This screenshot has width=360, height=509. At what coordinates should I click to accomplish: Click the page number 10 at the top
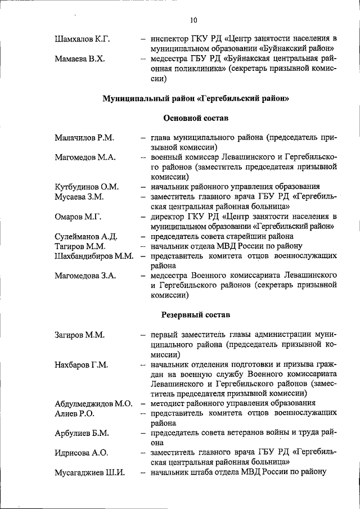coord(193,21)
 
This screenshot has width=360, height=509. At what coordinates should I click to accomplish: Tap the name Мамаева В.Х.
coord(80,59)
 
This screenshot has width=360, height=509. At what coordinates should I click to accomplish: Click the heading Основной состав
coord(196,118)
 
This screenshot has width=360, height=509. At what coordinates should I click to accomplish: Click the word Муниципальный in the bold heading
coord(136,98)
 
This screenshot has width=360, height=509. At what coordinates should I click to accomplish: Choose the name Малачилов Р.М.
coord(84,138)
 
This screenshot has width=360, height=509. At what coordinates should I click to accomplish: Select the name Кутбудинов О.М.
coord(87,187)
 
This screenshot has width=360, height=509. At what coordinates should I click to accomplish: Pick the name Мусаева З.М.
coord(79,197)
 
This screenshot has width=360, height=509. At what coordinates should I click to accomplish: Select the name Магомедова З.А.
coord(85,276)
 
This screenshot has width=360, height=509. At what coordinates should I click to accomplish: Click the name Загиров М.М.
coord(80,335)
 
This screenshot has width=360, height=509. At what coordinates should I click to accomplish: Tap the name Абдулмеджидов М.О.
coord(93,403)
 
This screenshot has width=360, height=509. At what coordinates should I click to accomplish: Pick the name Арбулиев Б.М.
coord(82,433)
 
